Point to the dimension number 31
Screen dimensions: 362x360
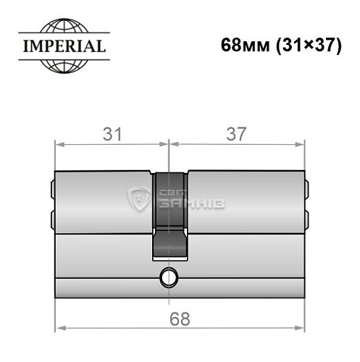click(x=110, y=134)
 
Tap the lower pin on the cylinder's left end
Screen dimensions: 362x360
click(x=54, y=217)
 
